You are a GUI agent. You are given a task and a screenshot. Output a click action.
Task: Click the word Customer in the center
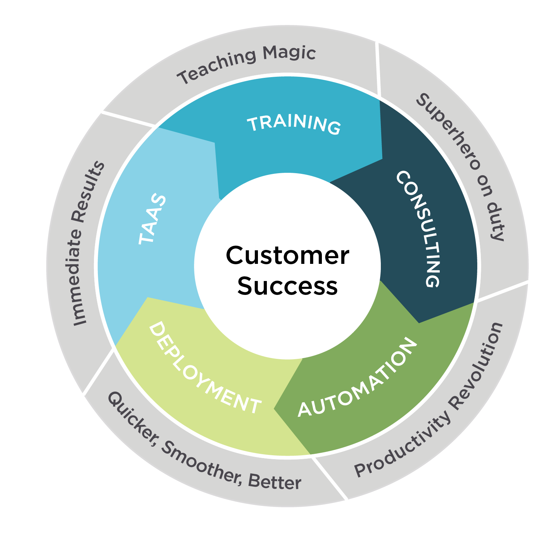click(287, 256)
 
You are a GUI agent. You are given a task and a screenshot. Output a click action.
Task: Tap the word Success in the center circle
click(287, 286)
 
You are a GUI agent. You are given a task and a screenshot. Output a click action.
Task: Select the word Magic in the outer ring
click(289, 54)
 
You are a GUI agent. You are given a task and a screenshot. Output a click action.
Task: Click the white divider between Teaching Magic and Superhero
click(378, 70)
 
